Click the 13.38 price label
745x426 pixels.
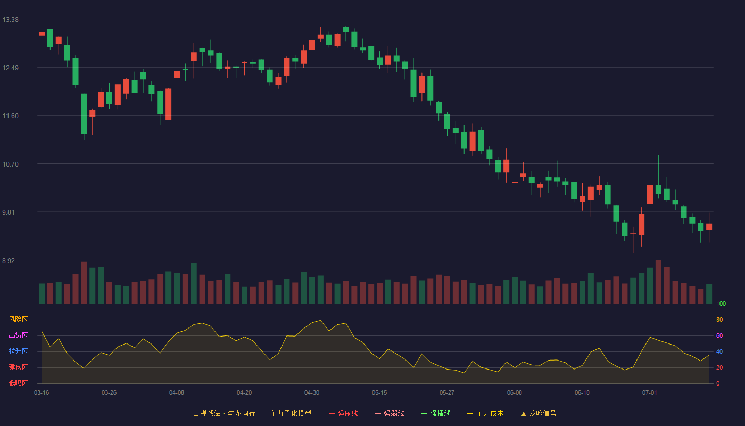[x=10, y=20]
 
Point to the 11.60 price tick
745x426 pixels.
[x=10, y=116]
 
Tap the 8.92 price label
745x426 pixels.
[x=9, y=261]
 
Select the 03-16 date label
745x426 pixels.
[x=42, y=393]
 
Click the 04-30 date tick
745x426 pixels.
[x=312, y=393]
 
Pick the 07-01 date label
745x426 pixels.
[x=650, y=393]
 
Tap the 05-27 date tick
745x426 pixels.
[x=446, y=393]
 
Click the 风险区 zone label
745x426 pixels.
[x=18, y=319]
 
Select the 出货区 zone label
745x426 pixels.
[x=18, y=335]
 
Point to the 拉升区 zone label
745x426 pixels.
[x=18, y=351]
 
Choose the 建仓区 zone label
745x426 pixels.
[x=18, y=367]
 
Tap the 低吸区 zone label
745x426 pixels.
[x=18, y=383]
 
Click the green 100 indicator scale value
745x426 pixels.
[x=721, y=304]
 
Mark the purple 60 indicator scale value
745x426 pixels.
[x=719, y=335]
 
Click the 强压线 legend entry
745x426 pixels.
[x=343, y=413]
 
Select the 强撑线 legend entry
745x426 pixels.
[x=436, y=413]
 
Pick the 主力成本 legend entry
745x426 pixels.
[x=485, y=413]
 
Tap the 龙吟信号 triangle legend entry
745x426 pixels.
[x=539, y=413]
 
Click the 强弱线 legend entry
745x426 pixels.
[x=390, y=413]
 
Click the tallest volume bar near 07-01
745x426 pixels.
[x=658, y=282]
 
